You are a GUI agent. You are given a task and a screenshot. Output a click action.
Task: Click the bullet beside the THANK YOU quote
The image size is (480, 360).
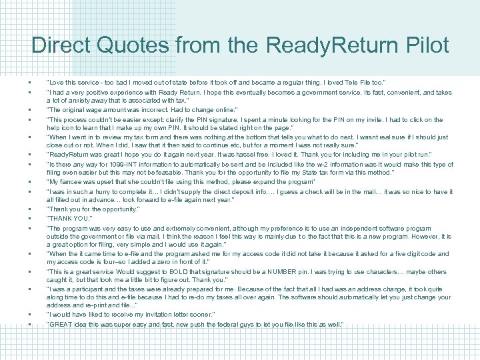(x=30, y=217)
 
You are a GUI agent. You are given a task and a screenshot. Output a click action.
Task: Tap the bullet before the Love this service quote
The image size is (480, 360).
(x=30, y=81)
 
